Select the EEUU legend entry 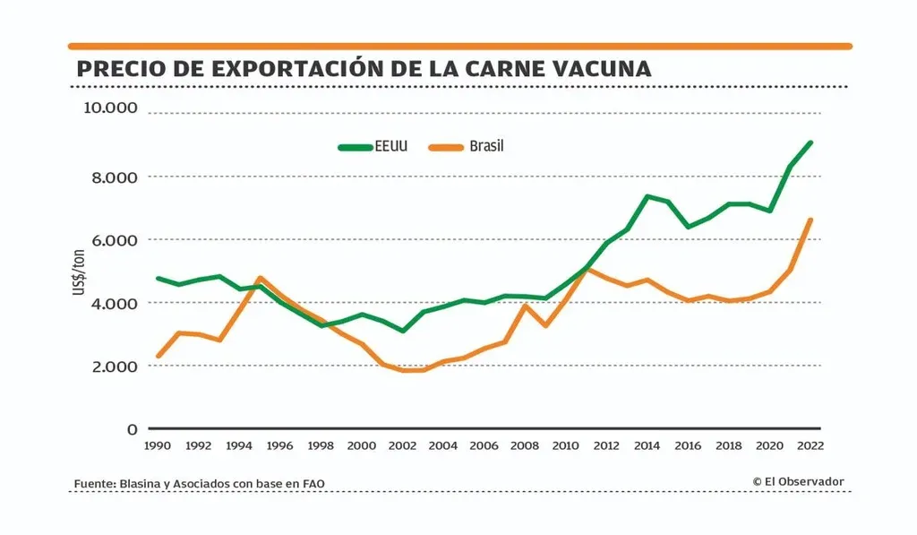(373, 146)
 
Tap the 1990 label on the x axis (159, 445)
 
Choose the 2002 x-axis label (403, 445)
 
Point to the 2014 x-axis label (647, 445)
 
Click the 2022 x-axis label (810, 445)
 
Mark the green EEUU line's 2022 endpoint (810, 142)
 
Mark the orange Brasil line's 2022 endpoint (810, 220)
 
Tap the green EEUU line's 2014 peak (647, 196)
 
